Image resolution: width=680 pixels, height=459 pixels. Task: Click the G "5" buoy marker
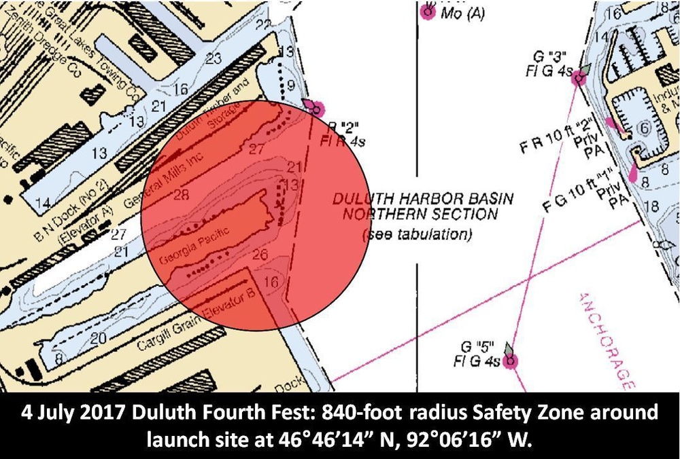point(508,361)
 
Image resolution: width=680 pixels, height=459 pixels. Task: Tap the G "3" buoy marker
point(579,77)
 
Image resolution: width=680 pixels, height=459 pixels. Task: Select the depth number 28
point(181,196)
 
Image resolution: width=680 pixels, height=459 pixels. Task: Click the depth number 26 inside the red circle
point(259,255)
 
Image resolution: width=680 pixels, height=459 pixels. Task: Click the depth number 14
point(44,202)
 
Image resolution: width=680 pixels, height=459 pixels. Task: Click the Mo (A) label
point(462,13)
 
